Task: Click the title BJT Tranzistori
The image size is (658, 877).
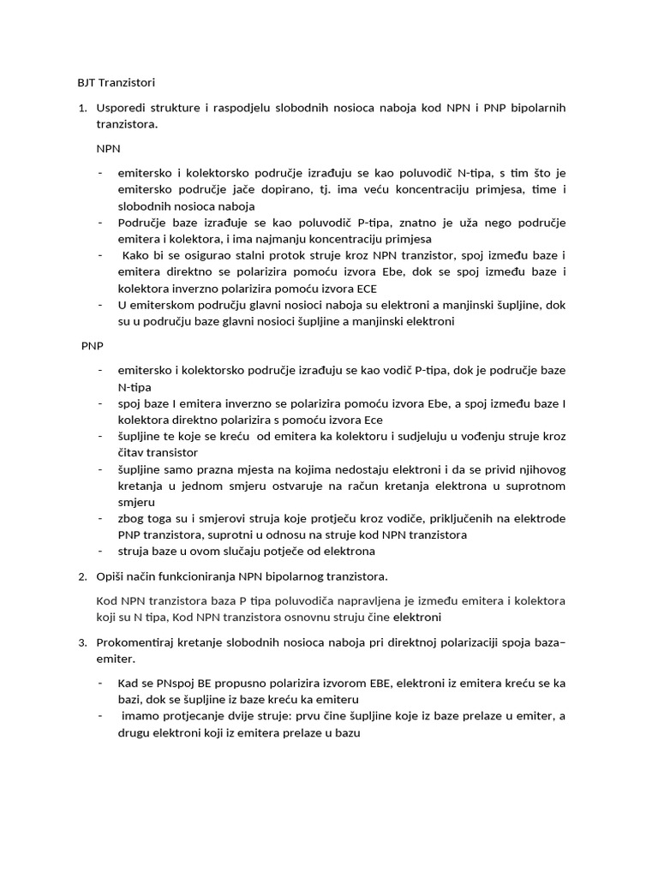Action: pos(111,83)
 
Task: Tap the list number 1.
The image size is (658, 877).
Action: pos(82,107)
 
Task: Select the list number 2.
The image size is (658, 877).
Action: pos(82,576)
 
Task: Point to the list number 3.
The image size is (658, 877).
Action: pos(82,641)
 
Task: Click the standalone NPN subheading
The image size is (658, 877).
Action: pos(109,148)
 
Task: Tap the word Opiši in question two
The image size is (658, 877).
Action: pos(111,576)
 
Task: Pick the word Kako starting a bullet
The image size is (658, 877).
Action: pos(137,255)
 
